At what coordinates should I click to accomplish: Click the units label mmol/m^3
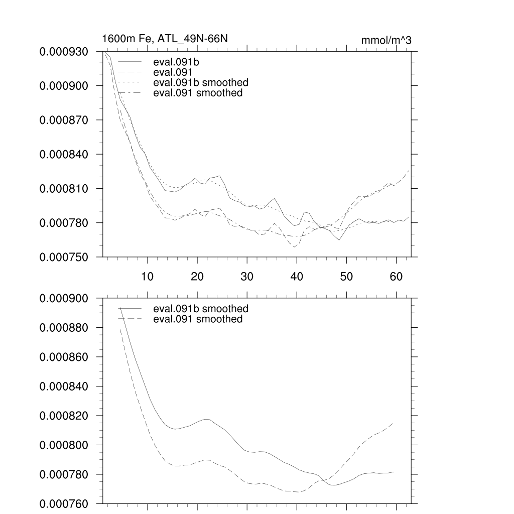386,41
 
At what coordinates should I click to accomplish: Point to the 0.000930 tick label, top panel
64,52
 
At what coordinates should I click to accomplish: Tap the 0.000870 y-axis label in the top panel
64,120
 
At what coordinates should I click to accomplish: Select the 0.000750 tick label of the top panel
64,257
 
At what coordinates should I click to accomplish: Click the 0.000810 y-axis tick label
64,189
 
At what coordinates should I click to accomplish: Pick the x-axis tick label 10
147,276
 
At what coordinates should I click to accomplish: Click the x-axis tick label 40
297,276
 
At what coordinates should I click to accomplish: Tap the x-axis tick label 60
396,276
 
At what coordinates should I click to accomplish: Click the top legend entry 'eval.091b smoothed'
200,82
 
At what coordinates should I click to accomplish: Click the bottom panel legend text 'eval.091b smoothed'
200,308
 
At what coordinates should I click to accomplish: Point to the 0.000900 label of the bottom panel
64,298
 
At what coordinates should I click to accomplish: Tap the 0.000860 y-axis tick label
64,357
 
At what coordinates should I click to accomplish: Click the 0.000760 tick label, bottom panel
64,503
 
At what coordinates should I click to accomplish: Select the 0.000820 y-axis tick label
64,416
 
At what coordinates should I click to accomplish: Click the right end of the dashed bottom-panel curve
393,423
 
